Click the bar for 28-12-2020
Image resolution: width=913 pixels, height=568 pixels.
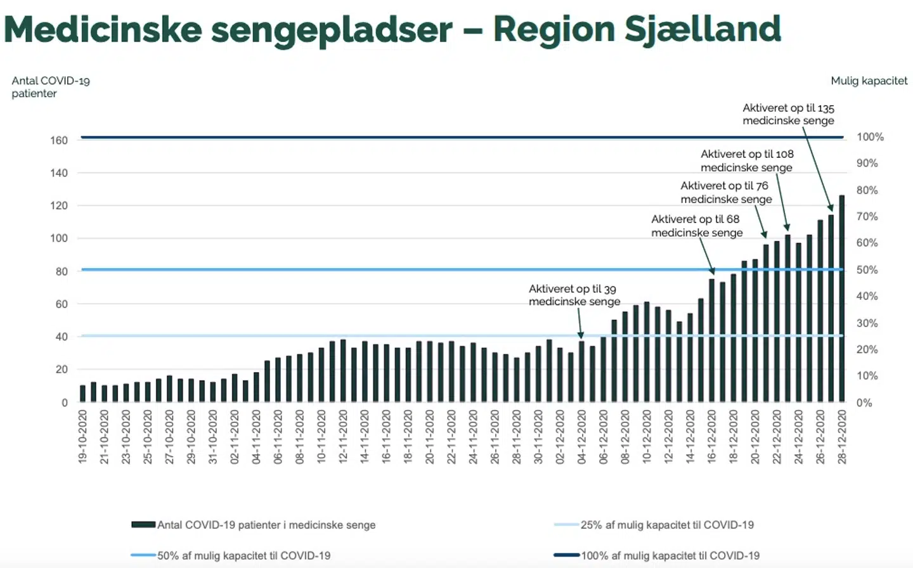(842, 299)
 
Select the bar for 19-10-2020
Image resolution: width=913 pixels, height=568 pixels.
(82, 394)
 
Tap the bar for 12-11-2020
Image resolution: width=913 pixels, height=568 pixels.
(343, 371)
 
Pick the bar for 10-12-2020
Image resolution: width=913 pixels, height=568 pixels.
(647, 352)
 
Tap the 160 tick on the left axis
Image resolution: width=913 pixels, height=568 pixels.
(59, 141)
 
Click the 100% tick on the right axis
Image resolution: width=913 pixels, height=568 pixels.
(870, 137)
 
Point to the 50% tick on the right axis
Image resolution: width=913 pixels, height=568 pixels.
(867, 270)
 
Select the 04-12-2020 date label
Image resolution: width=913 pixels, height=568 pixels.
(581, 437)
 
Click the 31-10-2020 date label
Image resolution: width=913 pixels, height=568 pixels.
(212, 437)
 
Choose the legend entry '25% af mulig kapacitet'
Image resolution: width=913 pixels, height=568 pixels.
(666, 525)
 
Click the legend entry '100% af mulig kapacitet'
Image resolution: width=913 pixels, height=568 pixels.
(670, 556)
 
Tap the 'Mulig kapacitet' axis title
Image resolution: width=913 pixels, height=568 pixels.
(869, 81)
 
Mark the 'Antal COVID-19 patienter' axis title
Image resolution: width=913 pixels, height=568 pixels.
(50, 87)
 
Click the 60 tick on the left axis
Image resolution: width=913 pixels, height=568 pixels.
(61, 304)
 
